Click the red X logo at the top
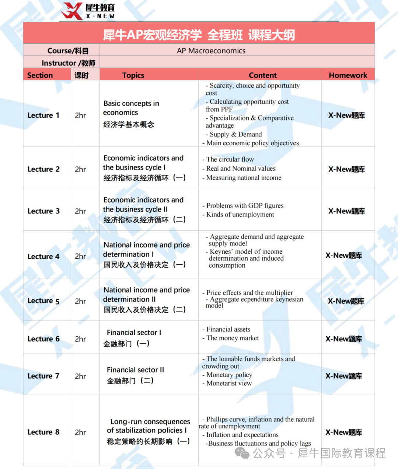[x=71, y=11]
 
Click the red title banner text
[x=199, y=35]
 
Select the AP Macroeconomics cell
[x=211, y=51]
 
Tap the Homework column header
[x=348, y=75]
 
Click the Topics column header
[x=133, y=75]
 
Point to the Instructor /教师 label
[x=68, y=63]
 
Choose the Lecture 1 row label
[x=43, y=115]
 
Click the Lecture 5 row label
[x=43, y=301]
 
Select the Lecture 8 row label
[x=43, y=432]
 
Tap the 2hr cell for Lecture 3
[x=80, y=211]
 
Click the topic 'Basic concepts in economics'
[x=131, y=108]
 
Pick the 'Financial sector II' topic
[x=135, y=370]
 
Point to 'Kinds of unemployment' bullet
[x=240, y=215]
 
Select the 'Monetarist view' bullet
[x=229, y=383]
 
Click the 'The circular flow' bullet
[x=230, y=159]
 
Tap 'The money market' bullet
[x=233, y=338]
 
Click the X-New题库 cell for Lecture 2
[x=346, y=169]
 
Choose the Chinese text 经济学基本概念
[x=129, y=125]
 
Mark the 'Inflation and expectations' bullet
[x=242, y=435]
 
